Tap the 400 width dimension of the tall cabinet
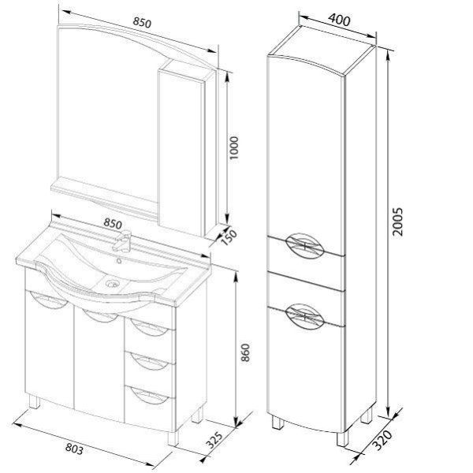pos(339,20)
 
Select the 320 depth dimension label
pos(382,440)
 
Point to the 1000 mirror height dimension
pos(233,148)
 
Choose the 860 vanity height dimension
pos(245,352)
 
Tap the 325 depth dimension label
pos(214,441)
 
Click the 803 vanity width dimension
pos(74,449)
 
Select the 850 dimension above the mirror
pos(142,22)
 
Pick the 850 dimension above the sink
pos(113,223)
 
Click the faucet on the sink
pos(122,240)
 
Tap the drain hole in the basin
pos(112,284)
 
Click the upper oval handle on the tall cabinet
pos(304,246)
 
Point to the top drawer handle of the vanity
pos(149,328)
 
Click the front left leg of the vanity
pos(34,401)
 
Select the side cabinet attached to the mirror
pos(187,148)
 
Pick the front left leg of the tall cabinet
pos(277,422)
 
